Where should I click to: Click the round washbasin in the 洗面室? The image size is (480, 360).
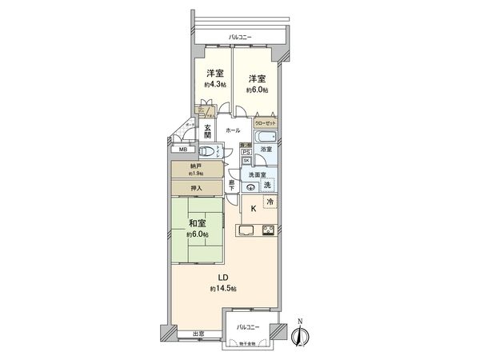coord(252,186)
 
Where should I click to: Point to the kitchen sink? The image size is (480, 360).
coord(246,231)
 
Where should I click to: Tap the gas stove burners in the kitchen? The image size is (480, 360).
coord(269,231)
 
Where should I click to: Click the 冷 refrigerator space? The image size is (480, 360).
coord(270,202)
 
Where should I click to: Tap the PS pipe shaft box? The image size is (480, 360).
coord(246,151)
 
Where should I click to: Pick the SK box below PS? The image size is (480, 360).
coord(246,160)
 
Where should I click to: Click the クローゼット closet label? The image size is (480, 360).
coord(266,123)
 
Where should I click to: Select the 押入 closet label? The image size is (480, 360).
coord(196,188)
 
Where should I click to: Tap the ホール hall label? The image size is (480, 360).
coord(233,130)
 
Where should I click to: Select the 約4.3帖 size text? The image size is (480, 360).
coord(214,85)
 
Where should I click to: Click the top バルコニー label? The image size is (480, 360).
coord(239,37)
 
